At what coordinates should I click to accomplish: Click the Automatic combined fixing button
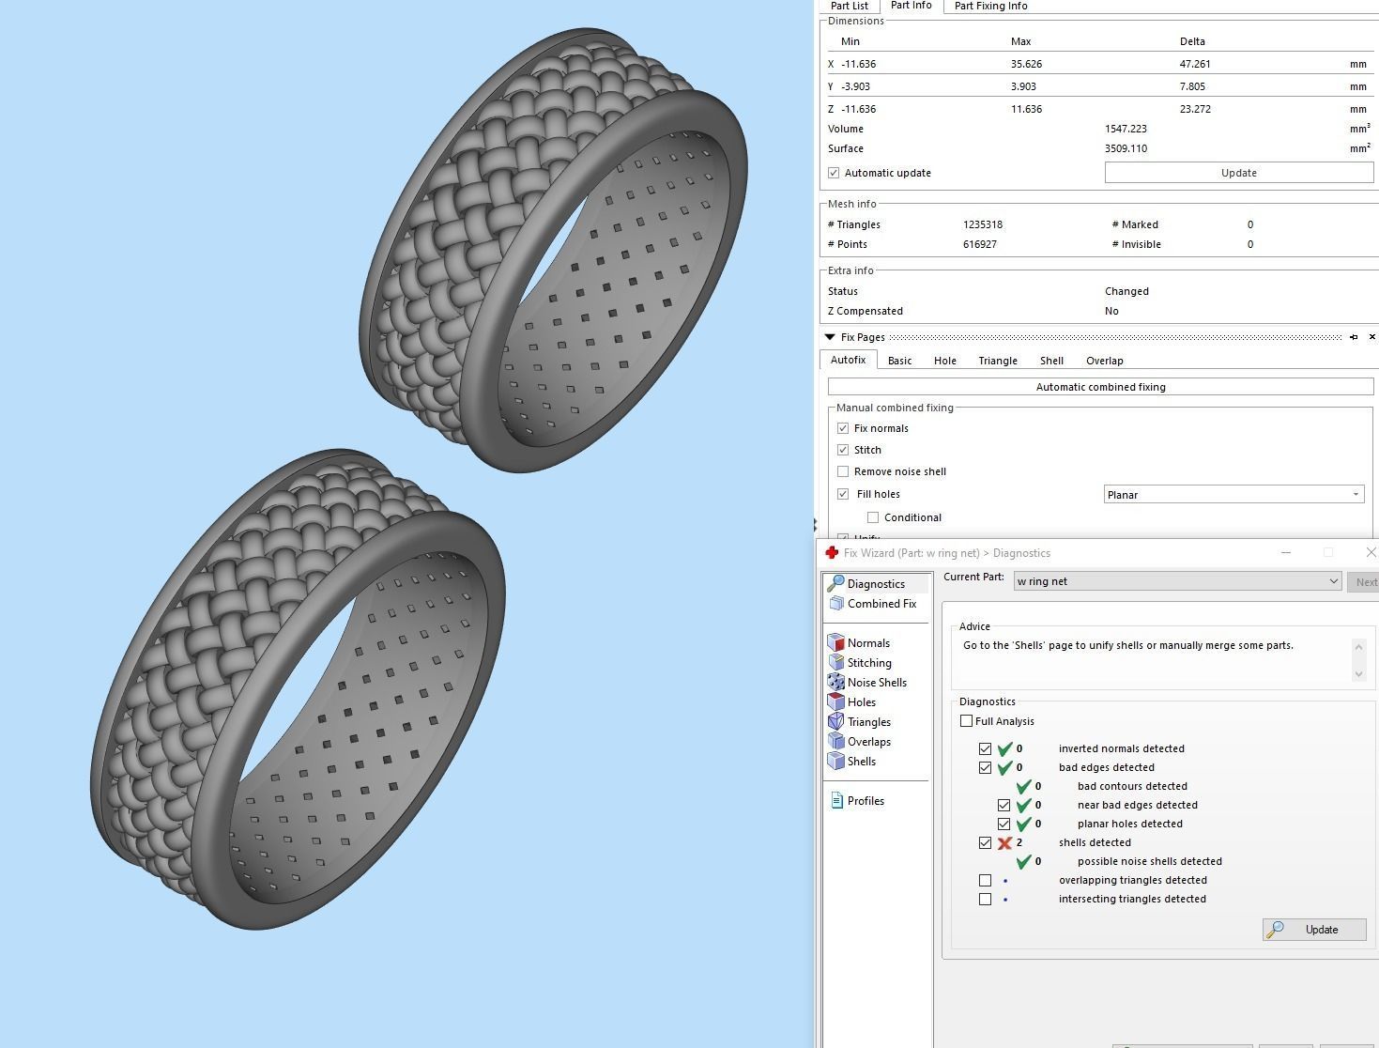(x=1100, y=387)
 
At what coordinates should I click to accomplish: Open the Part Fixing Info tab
(x=990, y=6)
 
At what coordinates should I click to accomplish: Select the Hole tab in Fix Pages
(x=944, y=361)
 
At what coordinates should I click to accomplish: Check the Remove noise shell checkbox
(x=843, y=471)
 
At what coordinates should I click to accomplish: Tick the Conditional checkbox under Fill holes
(x=873, y=517)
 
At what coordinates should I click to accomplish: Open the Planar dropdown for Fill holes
(x=1233, y=495)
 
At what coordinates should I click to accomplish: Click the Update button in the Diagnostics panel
(x=1313, y=930)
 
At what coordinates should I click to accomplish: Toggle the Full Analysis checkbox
(x=966, y=721)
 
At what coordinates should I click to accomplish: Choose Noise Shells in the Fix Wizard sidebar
(x=876, y=683)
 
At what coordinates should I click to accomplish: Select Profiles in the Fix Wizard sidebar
(x=865, y=801)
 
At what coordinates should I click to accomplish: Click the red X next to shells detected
(x=1004, y=843)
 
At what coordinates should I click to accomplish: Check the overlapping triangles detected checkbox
(x=985, y=881)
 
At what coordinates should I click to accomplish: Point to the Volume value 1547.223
(x=1126, y=129)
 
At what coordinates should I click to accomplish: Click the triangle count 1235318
(x=982, y=224)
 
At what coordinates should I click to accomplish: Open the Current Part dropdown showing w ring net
(x=1177, y=581)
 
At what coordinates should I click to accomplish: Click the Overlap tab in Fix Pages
(x=1104, y=361)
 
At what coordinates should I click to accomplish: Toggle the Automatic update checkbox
(x=834, y=173)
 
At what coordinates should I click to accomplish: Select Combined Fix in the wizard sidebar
(x=881, y=604)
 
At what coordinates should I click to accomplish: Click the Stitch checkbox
(x=843, y=450)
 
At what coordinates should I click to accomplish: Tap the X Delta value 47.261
(x=1194, y=64)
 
